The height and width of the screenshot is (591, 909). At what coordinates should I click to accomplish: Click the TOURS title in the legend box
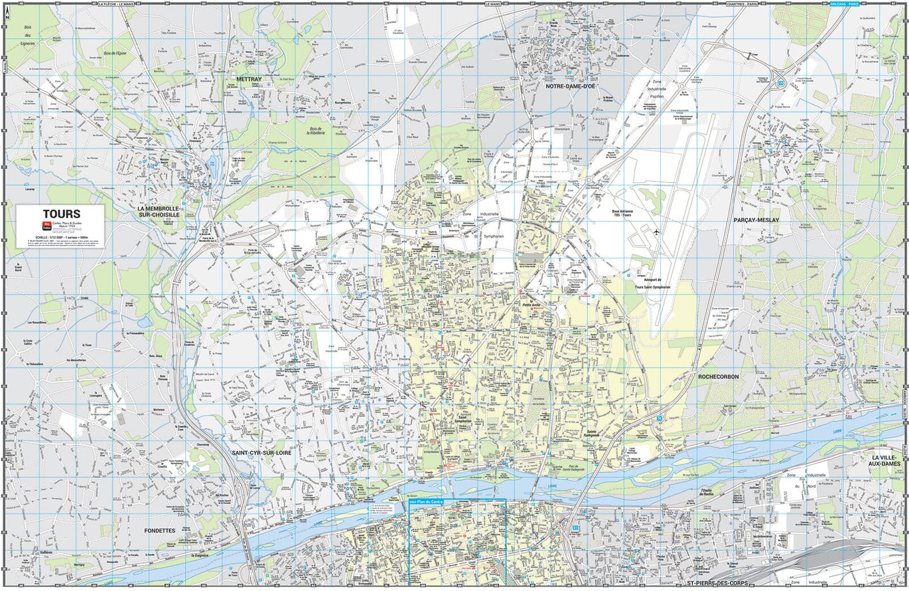[61, 214]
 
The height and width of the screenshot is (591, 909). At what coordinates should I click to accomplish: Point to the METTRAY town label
[249, 79]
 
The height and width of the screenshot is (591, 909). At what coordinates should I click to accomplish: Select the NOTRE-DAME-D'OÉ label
[570, 87]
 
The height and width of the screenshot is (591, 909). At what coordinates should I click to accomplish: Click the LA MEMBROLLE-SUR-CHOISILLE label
[158, 212]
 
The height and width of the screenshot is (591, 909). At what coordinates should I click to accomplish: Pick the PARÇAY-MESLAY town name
[756, 220]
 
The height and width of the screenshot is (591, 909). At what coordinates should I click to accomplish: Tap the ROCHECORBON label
[718, 376]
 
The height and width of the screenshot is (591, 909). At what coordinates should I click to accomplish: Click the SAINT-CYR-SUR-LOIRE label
[261, 453]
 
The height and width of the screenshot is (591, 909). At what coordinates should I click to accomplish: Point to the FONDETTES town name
[160, 530]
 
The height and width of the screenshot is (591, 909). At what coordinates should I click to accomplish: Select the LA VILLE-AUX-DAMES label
[886, 460]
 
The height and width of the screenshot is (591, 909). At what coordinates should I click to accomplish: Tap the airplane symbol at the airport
[657, 232]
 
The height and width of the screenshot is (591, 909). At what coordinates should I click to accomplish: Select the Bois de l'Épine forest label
[115, 53]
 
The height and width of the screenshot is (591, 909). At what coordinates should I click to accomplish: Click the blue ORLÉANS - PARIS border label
[845, 4]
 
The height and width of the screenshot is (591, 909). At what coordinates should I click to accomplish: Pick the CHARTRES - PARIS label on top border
[742, 4]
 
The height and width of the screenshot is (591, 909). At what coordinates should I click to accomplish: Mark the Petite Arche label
[531, 305]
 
